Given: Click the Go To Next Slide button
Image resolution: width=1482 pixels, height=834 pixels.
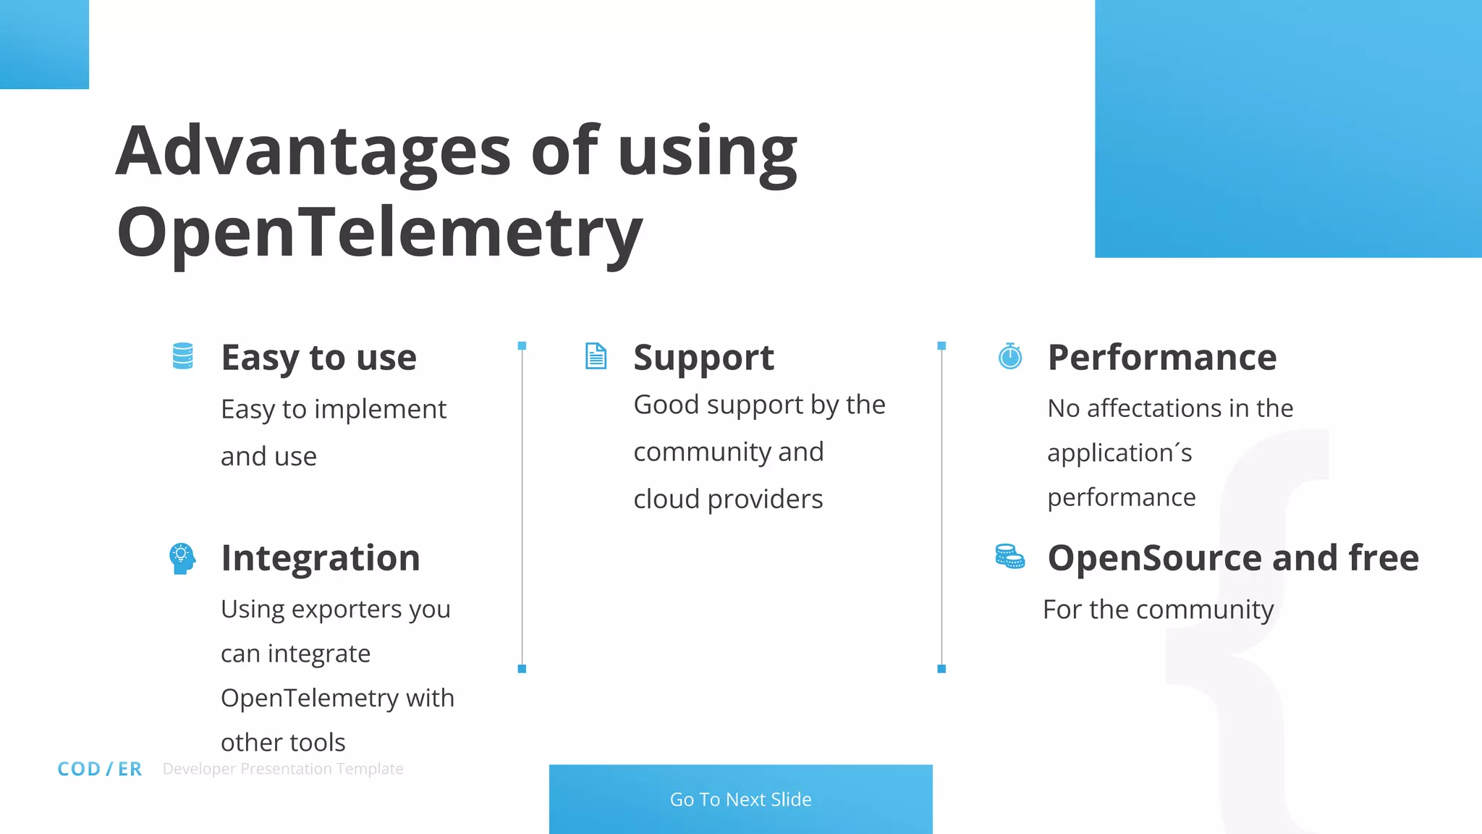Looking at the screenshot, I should [x=740, y=799].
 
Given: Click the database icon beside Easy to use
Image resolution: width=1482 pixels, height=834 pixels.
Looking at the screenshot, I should [x=183, y=356].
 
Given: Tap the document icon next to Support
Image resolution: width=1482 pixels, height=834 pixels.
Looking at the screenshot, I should [x=596, y=356].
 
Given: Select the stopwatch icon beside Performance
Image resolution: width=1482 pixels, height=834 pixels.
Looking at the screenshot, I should [x=1010, y=356].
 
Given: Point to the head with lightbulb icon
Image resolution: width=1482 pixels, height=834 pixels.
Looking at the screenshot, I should [x=182, y=558].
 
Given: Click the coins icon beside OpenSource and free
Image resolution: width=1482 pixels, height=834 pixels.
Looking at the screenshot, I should [x=1009, y=557].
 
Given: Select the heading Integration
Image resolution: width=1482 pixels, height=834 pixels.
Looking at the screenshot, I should [x=321, y=558].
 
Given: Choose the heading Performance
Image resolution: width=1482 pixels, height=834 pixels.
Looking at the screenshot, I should [x=1161, y=358].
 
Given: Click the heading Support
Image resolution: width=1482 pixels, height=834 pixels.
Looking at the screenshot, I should [x=703, y=358].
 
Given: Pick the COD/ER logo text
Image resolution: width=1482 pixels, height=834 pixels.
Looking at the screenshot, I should [x=100, y=769].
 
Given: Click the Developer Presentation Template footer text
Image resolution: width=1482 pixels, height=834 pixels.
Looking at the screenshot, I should [x=283, y=769].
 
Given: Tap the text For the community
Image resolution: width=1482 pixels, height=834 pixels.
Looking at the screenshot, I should [x=1158, y=610].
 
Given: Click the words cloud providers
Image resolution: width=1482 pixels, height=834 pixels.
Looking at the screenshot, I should [x=728, y=500].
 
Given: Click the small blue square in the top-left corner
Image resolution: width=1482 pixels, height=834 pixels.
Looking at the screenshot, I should [x=44, y=44].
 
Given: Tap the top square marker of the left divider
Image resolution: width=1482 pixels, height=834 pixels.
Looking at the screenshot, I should [x=522, y=346].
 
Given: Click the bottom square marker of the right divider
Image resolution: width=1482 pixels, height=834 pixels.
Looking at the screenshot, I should [x=941, y=669].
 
